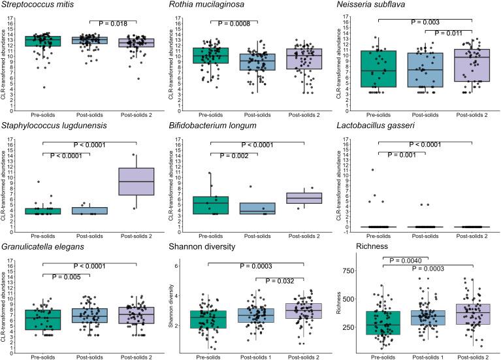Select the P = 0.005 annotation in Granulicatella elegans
point(69,276)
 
